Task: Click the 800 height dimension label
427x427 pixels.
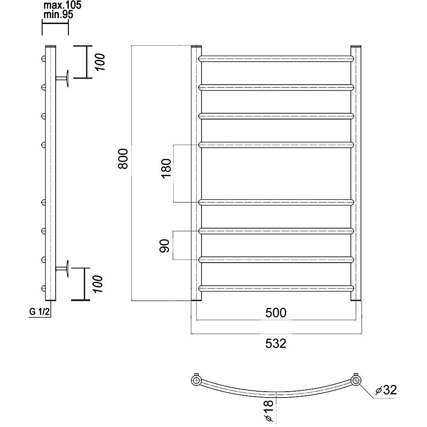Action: pos(123,159)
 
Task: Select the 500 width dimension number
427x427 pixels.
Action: pos(276,312)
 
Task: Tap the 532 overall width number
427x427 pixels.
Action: pos(276,343)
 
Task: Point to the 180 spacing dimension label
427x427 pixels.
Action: pos(166,168)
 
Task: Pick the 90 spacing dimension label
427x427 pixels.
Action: pos(164,246)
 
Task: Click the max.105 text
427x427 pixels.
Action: pos(62,5)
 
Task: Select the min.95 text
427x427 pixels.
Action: pos(58,14)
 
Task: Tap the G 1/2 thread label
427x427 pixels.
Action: pos(39,312)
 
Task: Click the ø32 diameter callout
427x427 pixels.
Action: pos(386,390)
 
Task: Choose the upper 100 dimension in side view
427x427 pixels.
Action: pos(100,62)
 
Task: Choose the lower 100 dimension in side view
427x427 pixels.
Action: pos(98,284)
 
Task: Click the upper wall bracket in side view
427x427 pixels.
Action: pos(62,78)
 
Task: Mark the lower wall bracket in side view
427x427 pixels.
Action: pos(62,269)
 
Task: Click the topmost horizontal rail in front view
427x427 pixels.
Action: pos(276,59)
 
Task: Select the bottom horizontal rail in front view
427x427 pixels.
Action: pos(276,288)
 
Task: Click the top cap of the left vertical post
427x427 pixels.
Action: pos(197,46)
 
